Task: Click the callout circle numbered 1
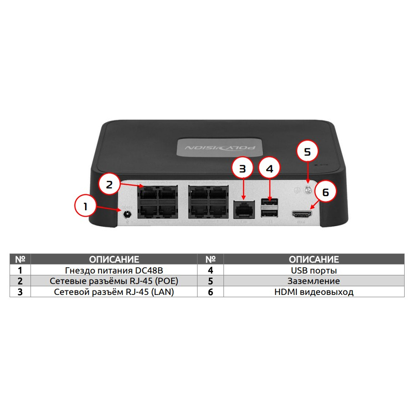[85, 206]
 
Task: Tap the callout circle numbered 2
[109, 185]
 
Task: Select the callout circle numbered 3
[242, 168]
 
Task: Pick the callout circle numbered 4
[269, 168]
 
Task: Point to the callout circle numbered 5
[307, 152]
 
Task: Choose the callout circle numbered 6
[325, 192]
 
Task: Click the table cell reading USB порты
[314, 270]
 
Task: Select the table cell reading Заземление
[314, 281]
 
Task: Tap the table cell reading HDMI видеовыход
[314, 292]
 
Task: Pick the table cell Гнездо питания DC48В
[114, 270]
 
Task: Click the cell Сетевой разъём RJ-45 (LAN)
[114, 292]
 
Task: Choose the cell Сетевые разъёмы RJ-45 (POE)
[114, 281]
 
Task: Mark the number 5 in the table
[210, 281]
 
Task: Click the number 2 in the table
[20, 281]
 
